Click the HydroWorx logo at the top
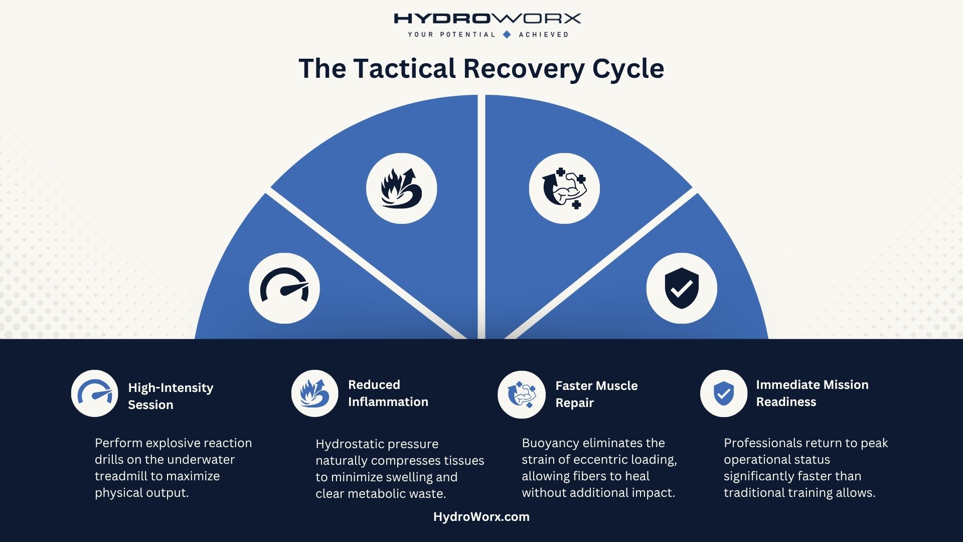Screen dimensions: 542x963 pos(487,19)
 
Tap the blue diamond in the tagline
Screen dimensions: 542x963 pos(507,35)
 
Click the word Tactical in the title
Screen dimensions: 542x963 pos(404,69)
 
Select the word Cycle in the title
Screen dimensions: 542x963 pos(628,69)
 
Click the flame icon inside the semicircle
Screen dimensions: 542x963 pos(401,189)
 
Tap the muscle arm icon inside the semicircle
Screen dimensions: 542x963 pos(564,189)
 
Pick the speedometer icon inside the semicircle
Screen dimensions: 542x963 pos(284,288)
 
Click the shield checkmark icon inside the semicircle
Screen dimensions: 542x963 pos(682,288)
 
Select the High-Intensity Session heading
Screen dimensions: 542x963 pos(171,396)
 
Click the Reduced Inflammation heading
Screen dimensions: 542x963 pos(388,393)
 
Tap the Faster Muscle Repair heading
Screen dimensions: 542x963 pos(596,394)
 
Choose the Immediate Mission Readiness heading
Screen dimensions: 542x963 pos(812,393)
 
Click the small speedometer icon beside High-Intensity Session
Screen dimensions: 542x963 pos(95,393)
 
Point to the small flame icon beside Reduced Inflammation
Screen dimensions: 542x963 pos(314,393)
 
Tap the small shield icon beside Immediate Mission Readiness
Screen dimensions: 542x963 pos(723,393)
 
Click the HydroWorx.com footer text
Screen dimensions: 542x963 pos(481,517)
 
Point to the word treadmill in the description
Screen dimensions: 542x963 pos(119,476)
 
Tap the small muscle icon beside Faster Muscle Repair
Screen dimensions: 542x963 pos(521,395)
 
